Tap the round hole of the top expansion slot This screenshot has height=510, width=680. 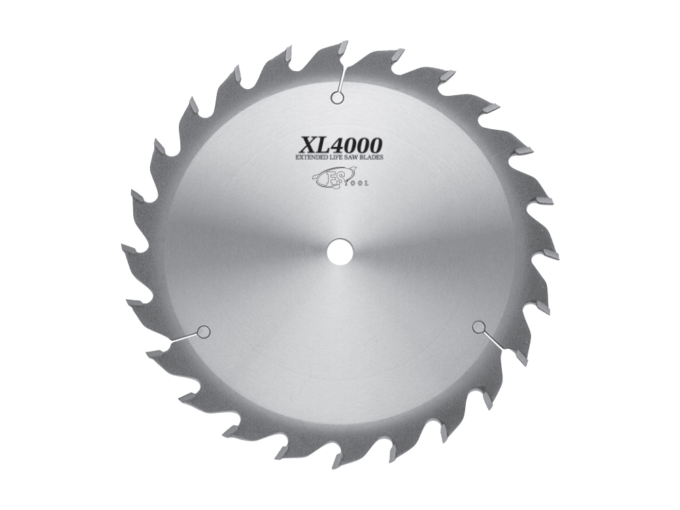(x=336, y=98)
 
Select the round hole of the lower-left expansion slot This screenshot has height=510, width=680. (x=202, y=332)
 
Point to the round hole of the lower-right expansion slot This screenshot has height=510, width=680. (x=479, y=328)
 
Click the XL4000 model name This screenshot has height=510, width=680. (x=341, y=144)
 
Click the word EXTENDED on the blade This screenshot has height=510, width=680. (x=311, y=158)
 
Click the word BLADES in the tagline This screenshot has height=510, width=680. (x=373, y=158)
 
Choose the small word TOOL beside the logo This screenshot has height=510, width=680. (x=358, y=182)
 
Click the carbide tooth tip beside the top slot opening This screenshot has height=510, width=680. (x=343, y=47)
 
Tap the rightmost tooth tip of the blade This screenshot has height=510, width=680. (x=553, y=255)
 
